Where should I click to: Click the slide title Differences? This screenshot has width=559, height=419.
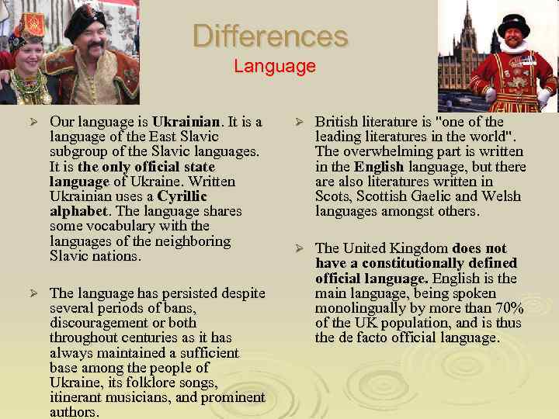point(270,36)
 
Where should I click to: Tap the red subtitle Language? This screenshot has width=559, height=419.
point(275,66)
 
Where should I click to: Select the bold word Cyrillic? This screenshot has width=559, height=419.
point(182,196)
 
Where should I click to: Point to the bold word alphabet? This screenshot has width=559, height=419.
point(79,211)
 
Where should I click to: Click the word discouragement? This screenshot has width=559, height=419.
point(96,323)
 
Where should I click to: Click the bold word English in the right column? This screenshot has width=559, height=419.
point(379,167)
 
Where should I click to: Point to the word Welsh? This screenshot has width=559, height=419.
point(502,196)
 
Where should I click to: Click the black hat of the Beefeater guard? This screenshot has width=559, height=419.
point(513,22)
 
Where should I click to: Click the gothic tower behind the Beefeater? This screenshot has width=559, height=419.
point(468,31)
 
